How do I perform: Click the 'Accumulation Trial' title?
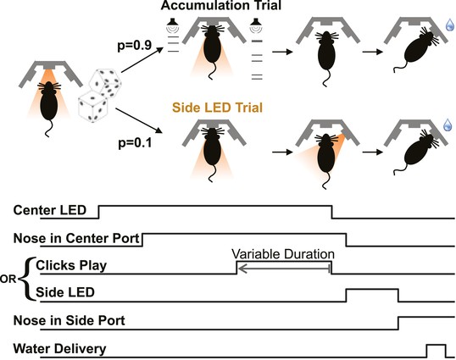coord(221,6)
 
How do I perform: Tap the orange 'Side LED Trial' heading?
coord(217,108)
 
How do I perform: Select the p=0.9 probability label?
coord(135,46)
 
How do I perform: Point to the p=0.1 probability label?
coord(135,143)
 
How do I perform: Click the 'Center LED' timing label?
coord(50,210)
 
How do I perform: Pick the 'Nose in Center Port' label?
coord(76,239)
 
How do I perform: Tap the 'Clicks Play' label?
coord(71,266)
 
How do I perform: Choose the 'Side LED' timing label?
coord(65,292)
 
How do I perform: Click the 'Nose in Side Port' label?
coord(70,320)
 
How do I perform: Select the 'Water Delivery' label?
coord(59,349)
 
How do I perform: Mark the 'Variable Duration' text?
coord(283,254)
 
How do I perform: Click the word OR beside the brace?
coord(8,280)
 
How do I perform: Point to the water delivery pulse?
coord(436,345)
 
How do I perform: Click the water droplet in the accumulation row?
coord(449,25)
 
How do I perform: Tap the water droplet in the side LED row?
coord(448,125)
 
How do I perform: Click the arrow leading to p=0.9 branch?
coord(142,60)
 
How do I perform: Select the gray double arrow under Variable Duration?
coord(284,269)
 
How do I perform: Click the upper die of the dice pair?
coord(106,81)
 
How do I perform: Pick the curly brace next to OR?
coord(28,279)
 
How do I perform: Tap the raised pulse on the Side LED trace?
coord(372,290)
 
